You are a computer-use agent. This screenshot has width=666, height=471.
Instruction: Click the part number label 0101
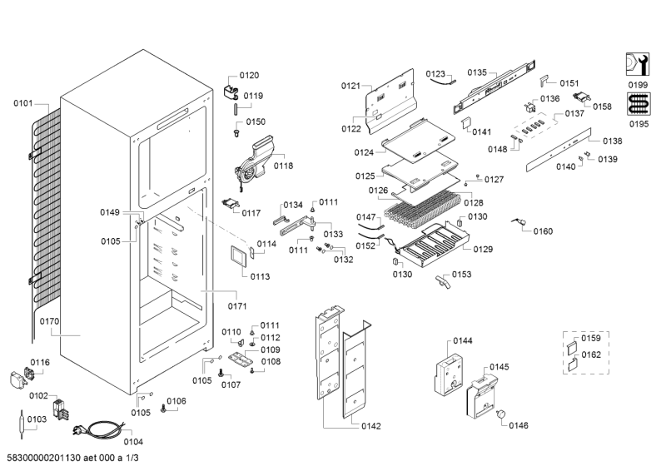click(x=22, y=103)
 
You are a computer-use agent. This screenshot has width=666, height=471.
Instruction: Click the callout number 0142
click(x=371, y=426)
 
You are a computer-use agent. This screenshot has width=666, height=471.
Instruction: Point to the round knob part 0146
click(x=501, y=414)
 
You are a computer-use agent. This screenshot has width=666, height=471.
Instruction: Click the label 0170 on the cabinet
click(x=49, y=319)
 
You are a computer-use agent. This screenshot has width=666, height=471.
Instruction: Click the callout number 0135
click(x=476, y=72)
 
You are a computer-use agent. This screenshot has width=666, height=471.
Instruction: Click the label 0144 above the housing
click(x=462, y=341)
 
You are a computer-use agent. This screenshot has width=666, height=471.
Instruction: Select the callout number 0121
click(x=350, y=86)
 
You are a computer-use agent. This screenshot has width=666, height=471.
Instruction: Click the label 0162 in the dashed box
click(x=591, y=354)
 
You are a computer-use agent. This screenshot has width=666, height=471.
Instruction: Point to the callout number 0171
click(x=238, y=306)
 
